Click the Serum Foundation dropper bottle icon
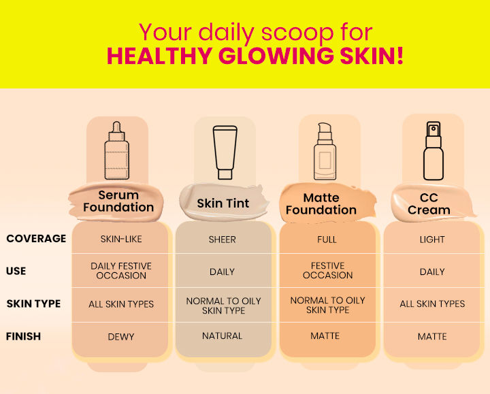point(116,150)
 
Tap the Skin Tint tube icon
point(225,152)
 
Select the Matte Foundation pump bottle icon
point(325,151)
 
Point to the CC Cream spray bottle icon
point(434,151)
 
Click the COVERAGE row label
point(36,238)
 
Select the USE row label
point(16,271)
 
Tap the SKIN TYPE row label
point(33,303)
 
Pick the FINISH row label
point(23,336)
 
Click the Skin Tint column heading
point(223,203)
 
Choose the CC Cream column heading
point(429,203)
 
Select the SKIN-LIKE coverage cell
point(121,239)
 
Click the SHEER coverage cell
point(222,240)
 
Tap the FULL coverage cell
point(327,240)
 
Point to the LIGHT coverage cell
point(432,240)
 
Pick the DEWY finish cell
point(121,337)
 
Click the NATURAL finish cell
point(222,336)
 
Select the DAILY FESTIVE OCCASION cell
point(121,271)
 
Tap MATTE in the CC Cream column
point(432,337)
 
